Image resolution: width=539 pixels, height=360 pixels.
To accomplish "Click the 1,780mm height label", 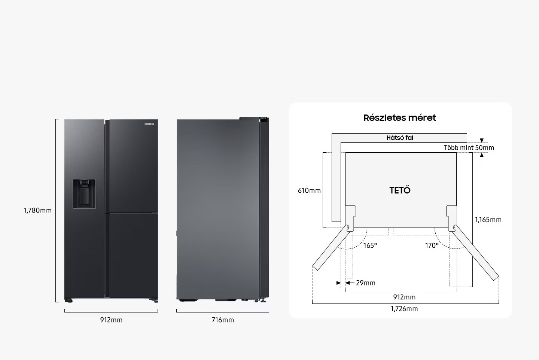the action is click(37, 210).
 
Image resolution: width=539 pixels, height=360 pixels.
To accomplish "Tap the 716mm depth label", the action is click(223, 320).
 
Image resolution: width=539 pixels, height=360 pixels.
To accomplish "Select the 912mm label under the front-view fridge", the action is click(111, 320).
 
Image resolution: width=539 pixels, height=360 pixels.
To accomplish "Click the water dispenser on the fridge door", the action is click(84, 194).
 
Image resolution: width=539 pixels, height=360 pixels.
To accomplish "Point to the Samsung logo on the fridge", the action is click(149, 124).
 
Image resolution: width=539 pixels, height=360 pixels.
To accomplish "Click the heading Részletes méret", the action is click(400, 118).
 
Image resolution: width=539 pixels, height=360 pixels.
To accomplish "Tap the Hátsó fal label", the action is click(400, 138).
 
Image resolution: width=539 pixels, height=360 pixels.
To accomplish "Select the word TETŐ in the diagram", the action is click(400, 190).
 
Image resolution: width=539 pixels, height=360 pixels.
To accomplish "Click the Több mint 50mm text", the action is click(469, 147).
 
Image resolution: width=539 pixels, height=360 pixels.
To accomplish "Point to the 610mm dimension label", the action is click(309, 190).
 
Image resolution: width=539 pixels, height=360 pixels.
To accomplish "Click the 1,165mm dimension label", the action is click(488, 219).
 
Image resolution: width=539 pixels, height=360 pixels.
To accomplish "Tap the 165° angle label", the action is click(370, 245).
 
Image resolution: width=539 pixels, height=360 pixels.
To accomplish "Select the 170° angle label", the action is click(432, 245).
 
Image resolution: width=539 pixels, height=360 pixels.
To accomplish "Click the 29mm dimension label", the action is click(365, 283).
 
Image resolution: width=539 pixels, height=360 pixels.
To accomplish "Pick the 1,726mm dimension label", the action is click(404, 308).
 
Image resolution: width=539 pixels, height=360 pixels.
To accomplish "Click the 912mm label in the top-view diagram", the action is click(404, 297).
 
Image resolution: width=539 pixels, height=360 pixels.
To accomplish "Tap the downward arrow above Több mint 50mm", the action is click(482, 135).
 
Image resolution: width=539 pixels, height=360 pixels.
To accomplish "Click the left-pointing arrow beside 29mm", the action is click(350, 283).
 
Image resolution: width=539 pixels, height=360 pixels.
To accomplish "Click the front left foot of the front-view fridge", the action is click(68, 300).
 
